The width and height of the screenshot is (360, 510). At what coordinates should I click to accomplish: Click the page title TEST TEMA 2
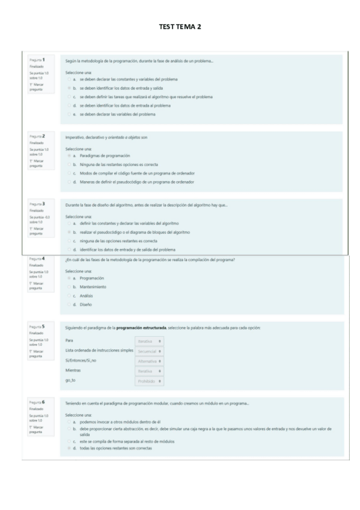point(180,26)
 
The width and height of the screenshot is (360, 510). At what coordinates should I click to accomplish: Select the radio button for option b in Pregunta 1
point(68,88)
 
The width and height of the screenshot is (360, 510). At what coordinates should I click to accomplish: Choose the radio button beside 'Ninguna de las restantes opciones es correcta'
point(68,164)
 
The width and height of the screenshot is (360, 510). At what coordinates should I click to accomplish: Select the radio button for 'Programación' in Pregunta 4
point(68,278)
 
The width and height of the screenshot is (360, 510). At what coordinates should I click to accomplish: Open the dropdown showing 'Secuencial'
point(150,350)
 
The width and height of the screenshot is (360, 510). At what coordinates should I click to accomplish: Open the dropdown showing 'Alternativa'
point(150,361)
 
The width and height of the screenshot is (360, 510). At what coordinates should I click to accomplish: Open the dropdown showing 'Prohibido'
point(150,381)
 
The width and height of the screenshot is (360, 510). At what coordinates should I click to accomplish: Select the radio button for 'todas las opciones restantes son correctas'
point(68,448)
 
